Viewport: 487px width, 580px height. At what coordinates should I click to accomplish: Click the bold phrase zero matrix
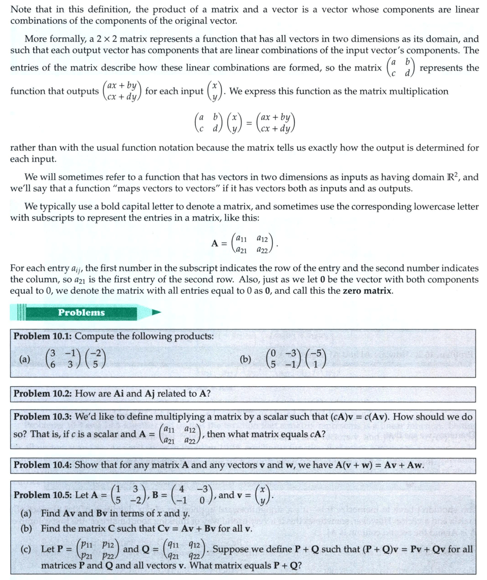pyautogui.click(x=364, y=291)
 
